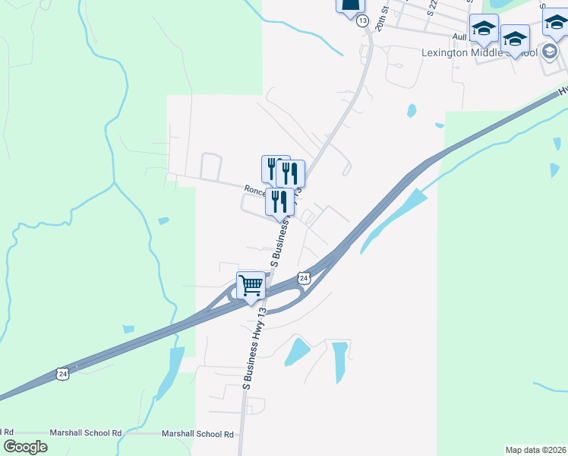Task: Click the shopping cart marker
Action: (x=251, y=286)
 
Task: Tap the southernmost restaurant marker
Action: (x=279, y=202)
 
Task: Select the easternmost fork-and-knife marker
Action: (x=291, y=174)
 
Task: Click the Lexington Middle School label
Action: (x=479, y=52)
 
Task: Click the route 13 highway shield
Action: (x=361, y=21)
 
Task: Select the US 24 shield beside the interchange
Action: (x=303, y=278)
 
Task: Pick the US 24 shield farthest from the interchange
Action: (x=62, y=373)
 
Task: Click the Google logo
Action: (x=25, y=447)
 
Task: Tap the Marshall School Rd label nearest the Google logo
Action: (x=86, y=433)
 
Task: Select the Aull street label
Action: (x=459, y=36)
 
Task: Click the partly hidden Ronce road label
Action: (x=257, y=191)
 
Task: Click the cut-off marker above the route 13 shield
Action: (x=351, y=6)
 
